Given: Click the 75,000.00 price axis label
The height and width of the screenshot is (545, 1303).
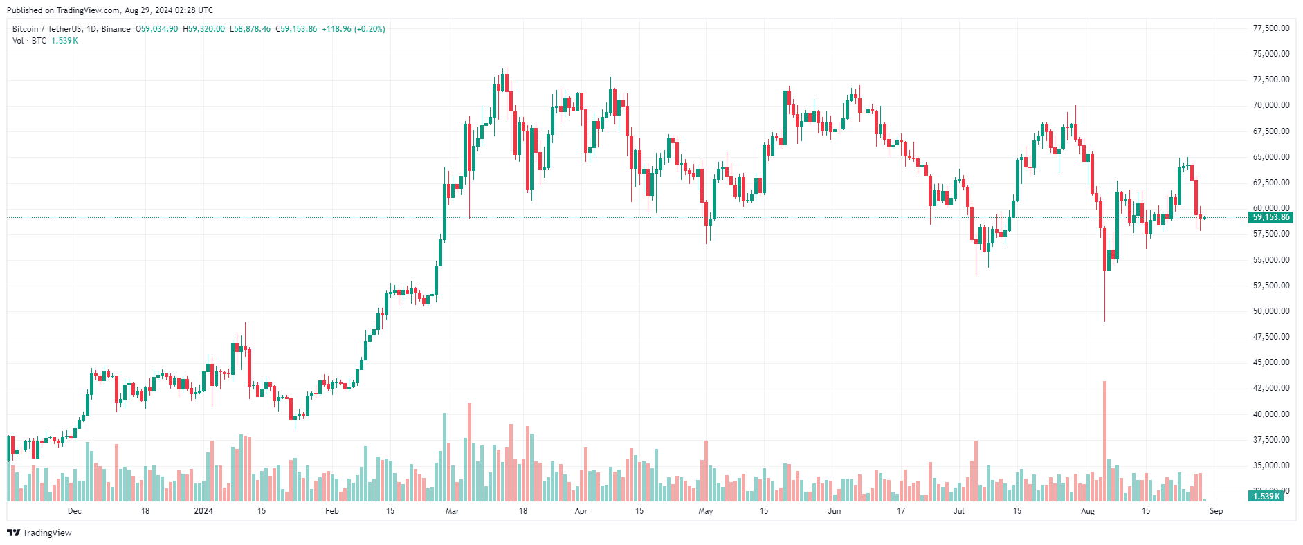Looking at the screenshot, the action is click(x=1271, y=54).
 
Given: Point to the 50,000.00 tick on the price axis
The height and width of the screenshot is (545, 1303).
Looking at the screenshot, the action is click(x=1271, y=311).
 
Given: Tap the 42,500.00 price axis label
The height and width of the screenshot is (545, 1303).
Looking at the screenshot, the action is click(x=1271, y=388).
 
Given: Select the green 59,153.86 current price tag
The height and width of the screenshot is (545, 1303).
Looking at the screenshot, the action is click(x=1270, y=217).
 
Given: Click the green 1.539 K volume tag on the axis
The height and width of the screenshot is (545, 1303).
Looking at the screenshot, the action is click(x=1266, y=496).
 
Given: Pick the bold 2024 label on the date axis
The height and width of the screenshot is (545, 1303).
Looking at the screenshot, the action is click(x=203, y=511).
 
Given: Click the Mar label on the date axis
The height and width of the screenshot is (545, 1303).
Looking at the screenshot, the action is click(x=453, y=511).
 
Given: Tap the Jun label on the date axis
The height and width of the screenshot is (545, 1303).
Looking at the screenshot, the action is click(x=835, y=511).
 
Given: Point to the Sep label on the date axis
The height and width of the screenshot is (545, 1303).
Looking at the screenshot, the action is click(x=1217, y=511).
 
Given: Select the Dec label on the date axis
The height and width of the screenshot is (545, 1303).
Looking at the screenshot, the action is click(x=75, y=511).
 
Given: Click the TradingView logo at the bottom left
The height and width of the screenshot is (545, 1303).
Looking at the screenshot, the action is click(x=39, y=533).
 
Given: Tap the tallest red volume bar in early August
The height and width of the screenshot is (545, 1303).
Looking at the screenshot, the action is click(x=1104, y=441).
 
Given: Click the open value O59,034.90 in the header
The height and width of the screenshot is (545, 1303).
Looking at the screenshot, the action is click(x=156, y=29).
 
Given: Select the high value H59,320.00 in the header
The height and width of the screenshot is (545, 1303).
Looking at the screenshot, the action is click(x=203, y=29).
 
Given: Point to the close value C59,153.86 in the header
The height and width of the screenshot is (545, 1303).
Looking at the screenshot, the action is click(x=296, y=29).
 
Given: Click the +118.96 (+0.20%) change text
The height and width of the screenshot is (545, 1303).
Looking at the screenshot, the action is click(x=354, y=29).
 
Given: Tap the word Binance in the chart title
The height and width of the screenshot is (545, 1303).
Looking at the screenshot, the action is click(x=116, y=29).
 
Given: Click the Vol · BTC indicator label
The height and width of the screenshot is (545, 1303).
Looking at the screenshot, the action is click(x=29, y=41).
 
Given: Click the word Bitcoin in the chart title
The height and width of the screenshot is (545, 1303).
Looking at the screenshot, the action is click(x=26, y=29).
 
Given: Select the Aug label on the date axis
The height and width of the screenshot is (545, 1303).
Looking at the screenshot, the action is click(x=1088, y=511).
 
